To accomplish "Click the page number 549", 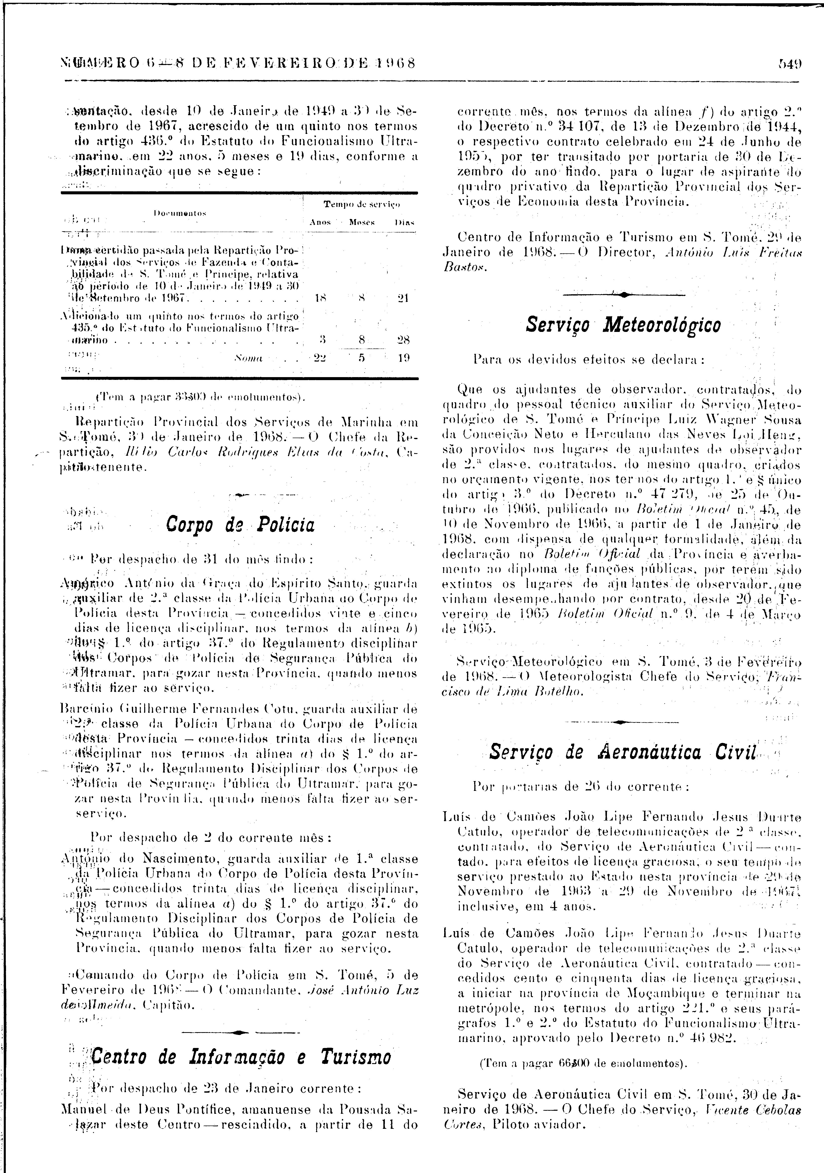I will click(x=790, y=64).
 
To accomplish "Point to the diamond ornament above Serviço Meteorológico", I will click(x=624, y=295).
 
